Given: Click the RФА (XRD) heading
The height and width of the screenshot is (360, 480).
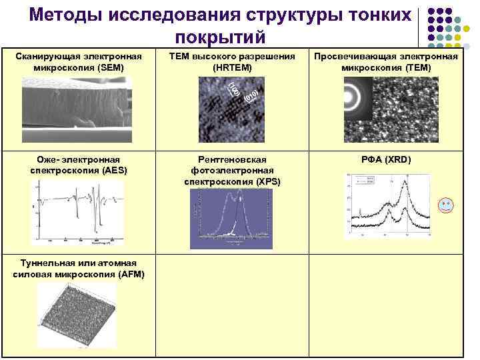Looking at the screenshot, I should click(x=386, y=160).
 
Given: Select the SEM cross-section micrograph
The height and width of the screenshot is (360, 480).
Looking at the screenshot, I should click(x=75, y=103).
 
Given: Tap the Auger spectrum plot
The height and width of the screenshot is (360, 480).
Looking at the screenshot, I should click(x=79, y=212).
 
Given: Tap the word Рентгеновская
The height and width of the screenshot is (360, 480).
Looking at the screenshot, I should click(x=232, y=160).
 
